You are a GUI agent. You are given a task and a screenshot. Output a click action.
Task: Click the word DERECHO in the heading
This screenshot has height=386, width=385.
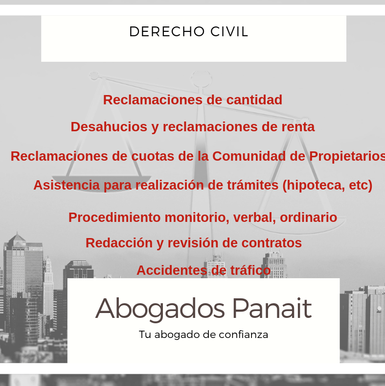pyautogui.click(x=167, y=31)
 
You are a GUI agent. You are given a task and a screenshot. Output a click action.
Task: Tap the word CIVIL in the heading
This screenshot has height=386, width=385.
pyautogui.click(x=229, y=31)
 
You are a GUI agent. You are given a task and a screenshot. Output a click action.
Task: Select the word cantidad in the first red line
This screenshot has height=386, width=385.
pyautogui.click(x=254, y=100)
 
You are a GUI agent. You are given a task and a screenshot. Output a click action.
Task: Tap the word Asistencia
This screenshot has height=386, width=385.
pyautogui.click(x=67, y=185)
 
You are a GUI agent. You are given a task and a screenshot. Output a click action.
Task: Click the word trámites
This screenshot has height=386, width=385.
pyautogui.click(x=253, y=185)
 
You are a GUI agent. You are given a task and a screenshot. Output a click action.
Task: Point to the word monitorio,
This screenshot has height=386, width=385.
pyautogui.click(x=197, y=217)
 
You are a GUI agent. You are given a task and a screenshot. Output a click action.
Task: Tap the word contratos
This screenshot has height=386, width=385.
pyautogui.click(x=272, y=243)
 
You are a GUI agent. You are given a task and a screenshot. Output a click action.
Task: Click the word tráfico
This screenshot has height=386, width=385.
pyautogui.click(x=250, y=270)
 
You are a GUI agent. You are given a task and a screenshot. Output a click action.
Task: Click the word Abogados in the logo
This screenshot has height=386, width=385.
pyautogui.click(x=160, y=309)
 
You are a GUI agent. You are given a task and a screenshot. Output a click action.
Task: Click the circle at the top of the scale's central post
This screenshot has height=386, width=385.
pyautogui.click(x=201, y=78)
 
